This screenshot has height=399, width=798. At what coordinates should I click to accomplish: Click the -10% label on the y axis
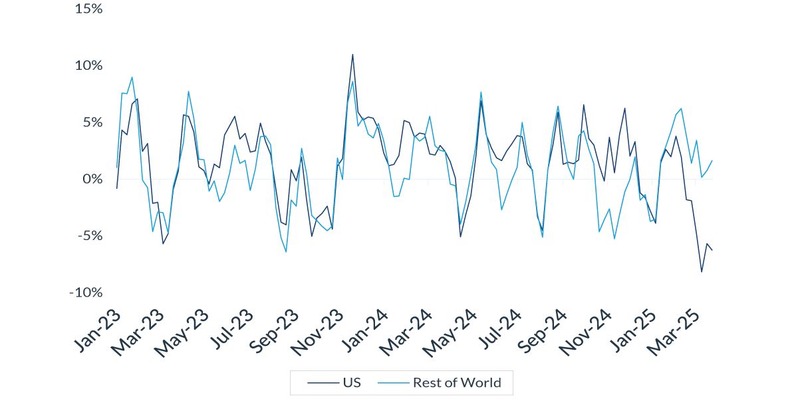pyautogui.click(x=85, y=293)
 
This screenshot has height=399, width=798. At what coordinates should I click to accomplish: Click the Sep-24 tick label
pyautogui.click(x=540, y=331)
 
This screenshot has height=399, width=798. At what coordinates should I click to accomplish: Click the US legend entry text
pyautogui.click(x=352, y=382)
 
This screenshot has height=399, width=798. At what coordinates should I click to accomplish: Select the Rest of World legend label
pyautogui.click(x=457, y=382)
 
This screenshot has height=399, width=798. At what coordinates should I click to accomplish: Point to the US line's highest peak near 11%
pyautogui.click(x=352, y=55)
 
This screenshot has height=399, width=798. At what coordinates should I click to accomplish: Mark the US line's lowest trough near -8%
pyautogui.click(x=702, y=271)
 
